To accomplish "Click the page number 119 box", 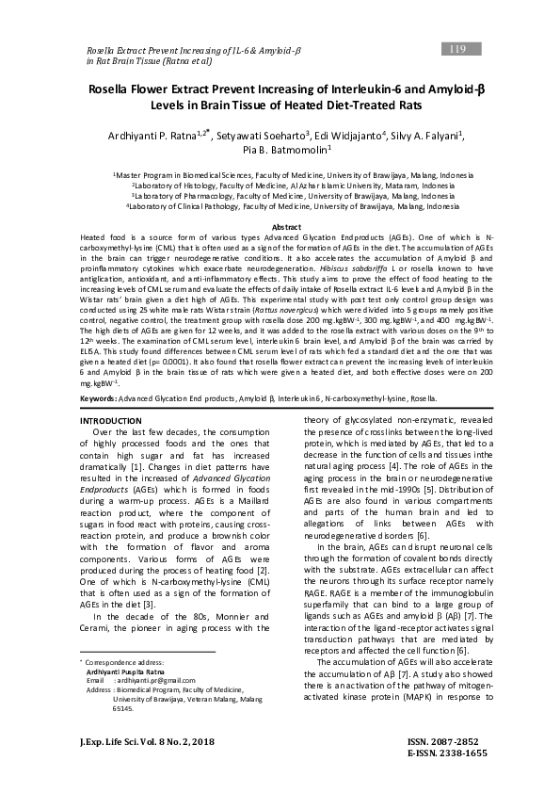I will pos(458,48).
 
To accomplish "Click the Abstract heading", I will pos(286,227).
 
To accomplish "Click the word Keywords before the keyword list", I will pos(101,425).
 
